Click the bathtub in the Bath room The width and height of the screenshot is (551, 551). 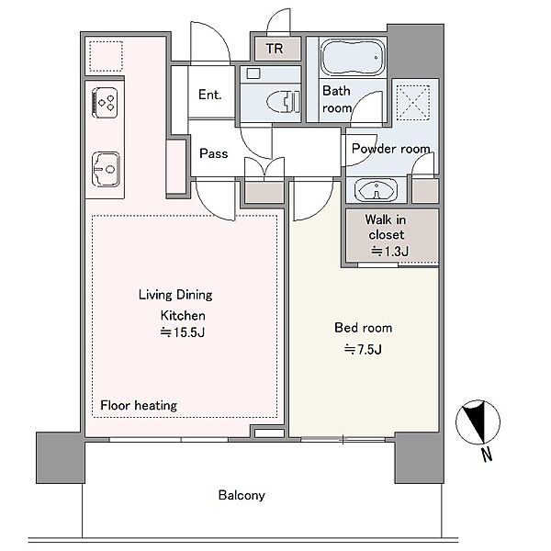[x=353, y=57]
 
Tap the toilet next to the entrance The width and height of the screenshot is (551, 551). [x=283, y=102]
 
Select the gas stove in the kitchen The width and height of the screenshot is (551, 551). [x=105, y=102]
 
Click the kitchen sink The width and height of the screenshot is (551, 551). [x=106, y=169]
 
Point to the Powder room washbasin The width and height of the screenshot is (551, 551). [x=376, y=190]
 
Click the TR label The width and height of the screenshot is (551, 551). [x=275, y=49]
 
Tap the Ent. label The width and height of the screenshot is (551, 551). [x=209, y=95]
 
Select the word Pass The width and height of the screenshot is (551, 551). [x=214, y=153]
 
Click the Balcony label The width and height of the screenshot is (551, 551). [x=242, y=495]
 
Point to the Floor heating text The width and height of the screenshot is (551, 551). [x=139, y=405]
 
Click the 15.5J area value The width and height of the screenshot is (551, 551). [x=183, y=332]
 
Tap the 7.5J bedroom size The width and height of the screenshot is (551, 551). [x=363, y=349]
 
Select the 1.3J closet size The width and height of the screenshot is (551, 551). [x=390, y=252]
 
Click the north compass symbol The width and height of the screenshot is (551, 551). [x=478, y=422]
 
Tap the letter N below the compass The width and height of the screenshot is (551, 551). [x=487, y=455]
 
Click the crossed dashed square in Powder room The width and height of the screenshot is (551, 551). [x=413, y=102]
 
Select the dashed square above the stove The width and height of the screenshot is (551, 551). [x=106, y=57]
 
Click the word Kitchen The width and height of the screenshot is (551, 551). [x=183, y=316]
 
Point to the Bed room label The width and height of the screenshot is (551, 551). [x=364, y=328]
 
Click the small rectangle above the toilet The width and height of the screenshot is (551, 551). [x=253, y=73]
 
